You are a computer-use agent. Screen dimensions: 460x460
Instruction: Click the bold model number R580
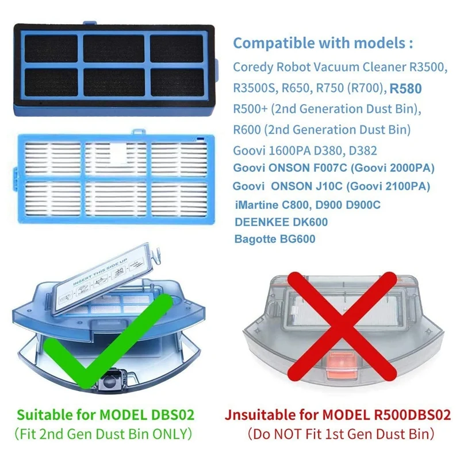(406, 89)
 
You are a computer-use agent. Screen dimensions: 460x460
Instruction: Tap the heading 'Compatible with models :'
(323, 44)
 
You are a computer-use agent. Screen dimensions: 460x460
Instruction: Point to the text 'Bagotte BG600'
(275, 239)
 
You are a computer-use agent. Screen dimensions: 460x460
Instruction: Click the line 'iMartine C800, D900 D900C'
(308, 205)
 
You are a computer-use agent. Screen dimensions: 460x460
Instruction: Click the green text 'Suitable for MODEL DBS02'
(105, 415)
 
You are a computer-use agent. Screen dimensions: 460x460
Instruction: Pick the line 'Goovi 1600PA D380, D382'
(305, 151)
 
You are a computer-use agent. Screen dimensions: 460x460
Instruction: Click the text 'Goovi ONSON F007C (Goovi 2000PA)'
(333, 168)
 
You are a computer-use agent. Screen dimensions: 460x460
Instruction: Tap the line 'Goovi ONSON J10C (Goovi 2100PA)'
(331, 186)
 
